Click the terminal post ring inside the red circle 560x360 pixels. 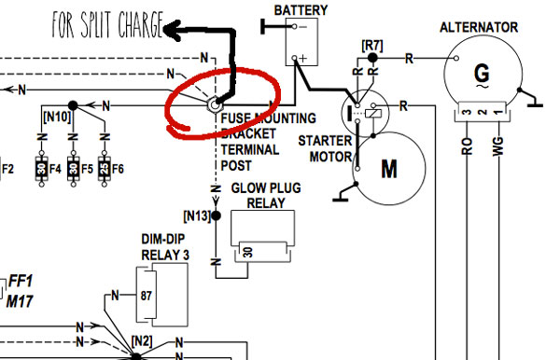(214, 107)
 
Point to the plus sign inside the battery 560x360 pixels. (301, 59)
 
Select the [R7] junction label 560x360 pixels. (372, 44)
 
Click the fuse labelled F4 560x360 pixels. (42, 171)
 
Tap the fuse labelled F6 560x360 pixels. (102, 171)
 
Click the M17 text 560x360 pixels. (21, 299)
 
